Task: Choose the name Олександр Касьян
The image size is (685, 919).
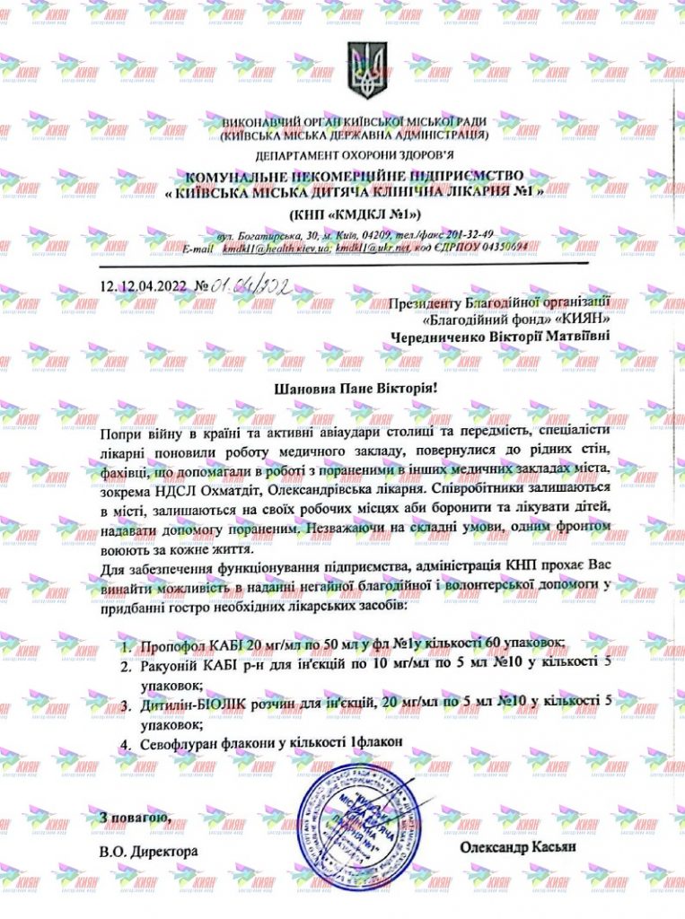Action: [515, 846]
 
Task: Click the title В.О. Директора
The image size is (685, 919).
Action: [149, 848]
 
